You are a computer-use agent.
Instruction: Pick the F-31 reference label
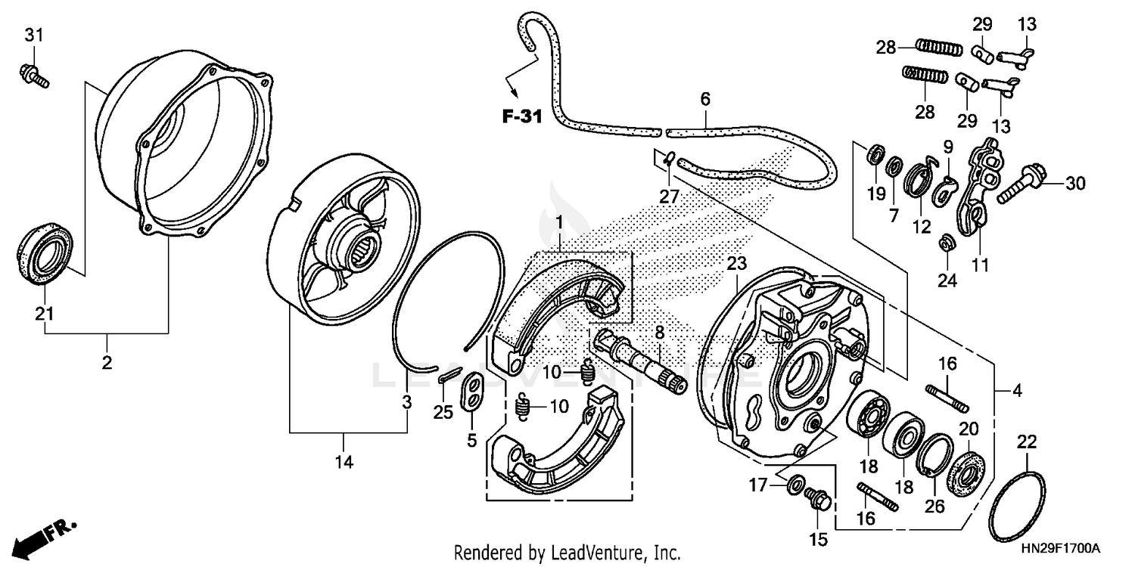(522, 116)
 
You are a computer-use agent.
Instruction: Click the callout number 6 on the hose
(705, 99)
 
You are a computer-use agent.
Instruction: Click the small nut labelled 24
(944, 243)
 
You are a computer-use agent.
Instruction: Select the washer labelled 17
(795, 485)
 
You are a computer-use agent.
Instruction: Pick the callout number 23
(736, 264)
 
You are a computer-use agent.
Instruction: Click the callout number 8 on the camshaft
(659, 332)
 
